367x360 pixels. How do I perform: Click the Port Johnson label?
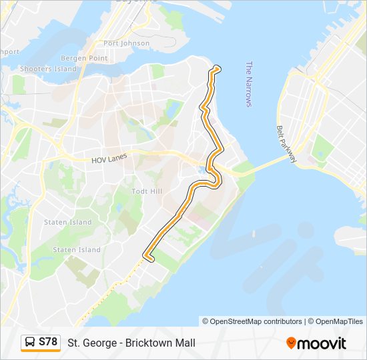[126, 43]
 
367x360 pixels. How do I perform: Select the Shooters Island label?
[49, 69]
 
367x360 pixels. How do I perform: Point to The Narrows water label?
[248, 84]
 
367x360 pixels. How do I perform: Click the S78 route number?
[48, 342]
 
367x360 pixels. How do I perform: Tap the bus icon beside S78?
[31, 343]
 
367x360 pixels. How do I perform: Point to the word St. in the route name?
[73, 343]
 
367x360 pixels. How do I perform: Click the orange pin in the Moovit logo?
[291, 343]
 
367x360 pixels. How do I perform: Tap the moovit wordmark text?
[322, 343]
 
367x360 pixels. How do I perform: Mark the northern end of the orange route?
[216, 68]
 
